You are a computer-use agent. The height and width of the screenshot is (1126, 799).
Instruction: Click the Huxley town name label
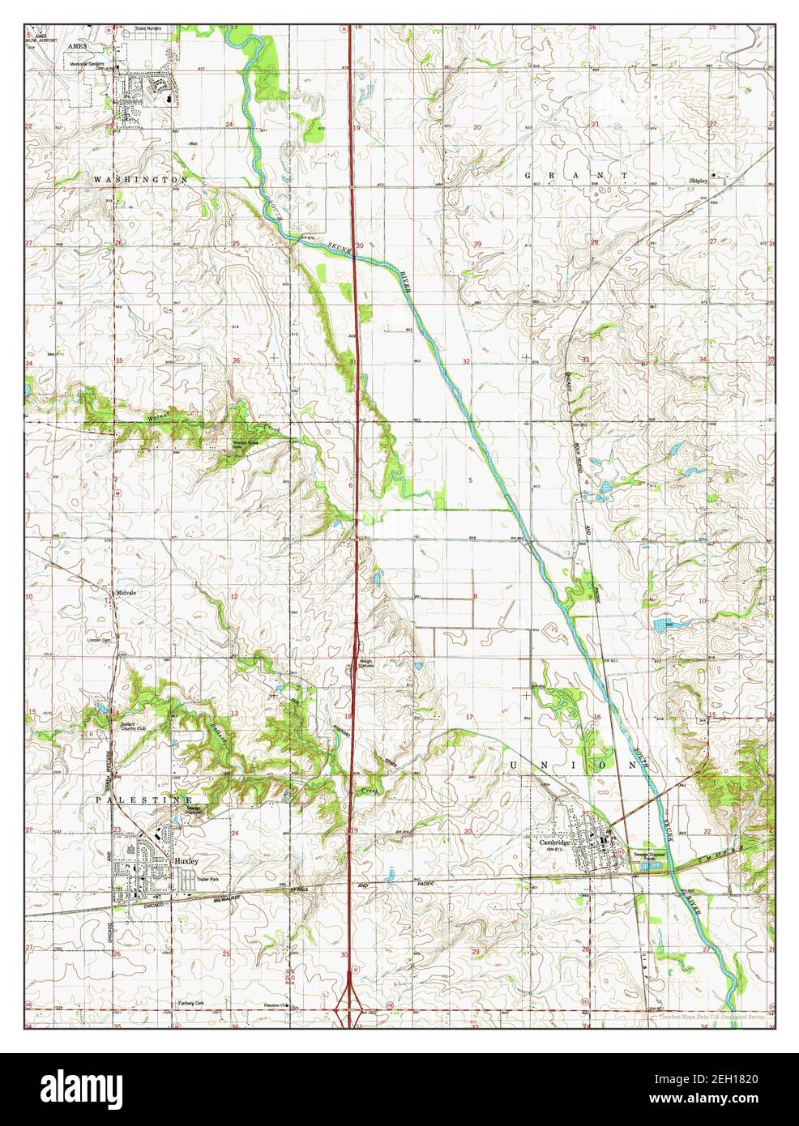pos(186,859)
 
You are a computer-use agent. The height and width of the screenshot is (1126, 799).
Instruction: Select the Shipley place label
pos(699,181)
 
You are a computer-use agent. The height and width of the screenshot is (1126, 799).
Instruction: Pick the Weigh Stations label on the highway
pos(366,662)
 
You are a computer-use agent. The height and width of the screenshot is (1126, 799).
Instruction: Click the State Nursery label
pos(149,28)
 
